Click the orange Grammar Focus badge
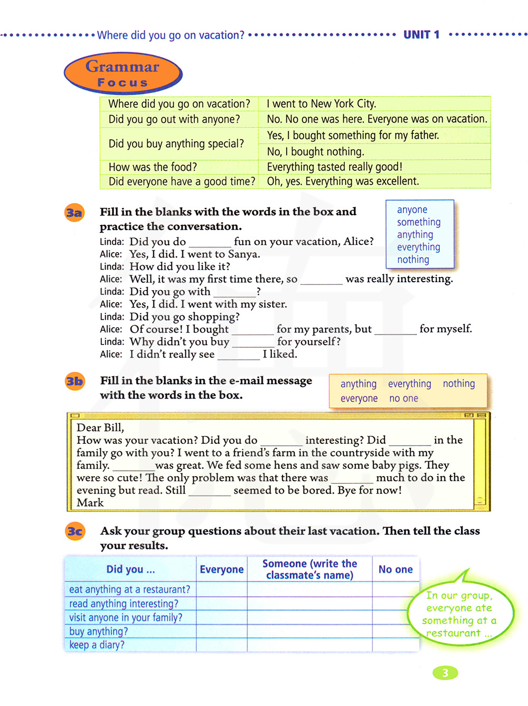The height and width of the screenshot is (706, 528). [x=123, y=73]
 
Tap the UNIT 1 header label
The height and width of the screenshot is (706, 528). [x=421, y=35]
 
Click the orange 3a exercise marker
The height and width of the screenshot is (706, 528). [x=74, y=212]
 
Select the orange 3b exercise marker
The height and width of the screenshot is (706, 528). [x=74, y=381]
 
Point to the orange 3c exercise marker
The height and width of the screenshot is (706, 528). [x=75, y=531]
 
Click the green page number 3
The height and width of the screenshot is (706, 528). [x=445, y=673]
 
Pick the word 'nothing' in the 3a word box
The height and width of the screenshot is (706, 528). [x=413, y=259]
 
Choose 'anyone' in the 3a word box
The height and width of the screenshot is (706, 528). [x=412, y=210]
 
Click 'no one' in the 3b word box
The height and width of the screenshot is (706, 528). [x=403, y=398]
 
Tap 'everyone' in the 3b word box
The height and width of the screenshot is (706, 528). [x=359, y=398]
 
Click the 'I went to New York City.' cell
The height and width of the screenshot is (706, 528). [x=321, y=104]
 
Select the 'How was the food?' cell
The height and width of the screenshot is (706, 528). [x=153, y=167]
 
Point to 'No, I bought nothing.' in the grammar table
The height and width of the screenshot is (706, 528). [x=315, y=152]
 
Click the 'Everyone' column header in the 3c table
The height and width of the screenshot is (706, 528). [x=222, y=569]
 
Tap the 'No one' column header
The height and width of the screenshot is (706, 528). [x=395, y=569]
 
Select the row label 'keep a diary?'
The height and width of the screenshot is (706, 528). [x=97, y=645]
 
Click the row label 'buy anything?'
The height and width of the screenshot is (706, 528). [x=98, y=631]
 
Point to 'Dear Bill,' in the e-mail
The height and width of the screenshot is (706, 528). [x=100, y=428]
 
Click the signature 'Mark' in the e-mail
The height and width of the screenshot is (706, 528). [x=90, y=503]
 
